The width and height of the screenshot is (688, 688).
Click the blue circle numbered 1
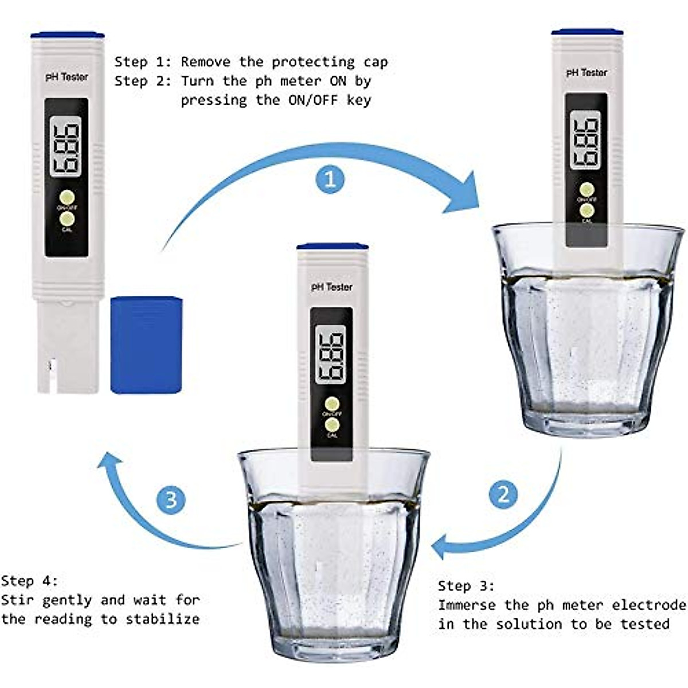coord(330,179)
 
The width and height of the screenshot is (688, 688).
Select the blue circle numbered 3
coord(171,500)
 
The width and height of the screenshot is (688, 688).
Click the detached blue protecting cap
coord(146,345)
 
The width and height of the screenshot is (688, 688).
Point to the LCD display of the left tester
coord(65,147)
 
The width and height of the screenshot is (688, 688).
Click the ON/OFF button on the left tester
coord(67,197)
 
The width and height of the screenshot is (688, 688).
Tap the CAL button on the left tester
coord(67,219)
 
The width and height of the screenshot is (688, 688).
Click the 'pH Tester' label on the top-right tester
coord(586,73)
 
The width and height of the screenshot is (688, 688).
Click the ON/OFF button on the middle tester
coord(331,404)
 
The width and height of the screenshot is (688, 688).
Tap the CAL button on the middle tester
coord(331,425)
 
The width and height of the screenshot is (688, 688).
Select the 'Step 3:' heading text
coord(466,586)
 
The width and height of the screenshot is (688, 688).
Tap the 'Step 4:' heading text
coord(29,581)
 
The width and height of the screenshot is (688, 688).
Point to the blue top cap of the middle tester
coord(332,247)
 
